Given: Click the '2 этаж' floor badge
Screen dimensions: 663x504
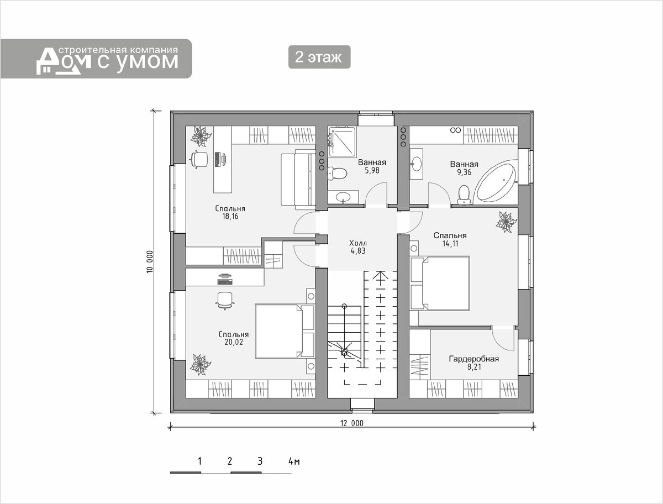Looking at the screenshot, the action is point(319,57).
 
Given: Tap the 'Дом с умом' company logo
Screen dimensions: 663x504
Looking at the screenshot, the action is point(107,60).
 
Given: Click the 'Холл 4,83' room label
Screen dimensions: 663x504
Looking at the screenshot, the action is point(358,246).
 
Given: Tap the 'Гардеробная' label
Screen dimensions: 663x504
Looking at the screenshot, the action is point(473,359).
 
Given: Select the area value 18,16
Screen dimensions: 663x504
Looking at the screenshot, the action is point(230,216).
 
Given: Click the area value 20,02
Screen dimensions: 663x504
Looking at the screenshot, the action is point(234,342).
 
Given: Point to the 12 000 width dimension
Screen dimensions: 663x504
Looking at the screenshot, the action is point(352,423).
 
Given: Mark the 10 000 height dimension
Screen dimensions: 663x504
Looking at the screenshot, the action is point(150,261).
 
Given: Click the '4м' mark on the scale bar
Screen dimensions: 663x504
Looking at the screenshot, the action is point(294,461).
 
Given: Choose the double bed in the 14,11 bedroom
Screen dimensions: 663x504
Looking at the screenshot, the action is point(440,283).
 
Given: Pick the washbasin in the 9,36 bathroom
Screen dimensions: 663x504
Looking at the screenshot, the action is point(417,164).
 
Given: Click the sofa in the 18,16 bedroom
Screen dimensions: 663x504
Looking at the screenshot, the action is point(298,180).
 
